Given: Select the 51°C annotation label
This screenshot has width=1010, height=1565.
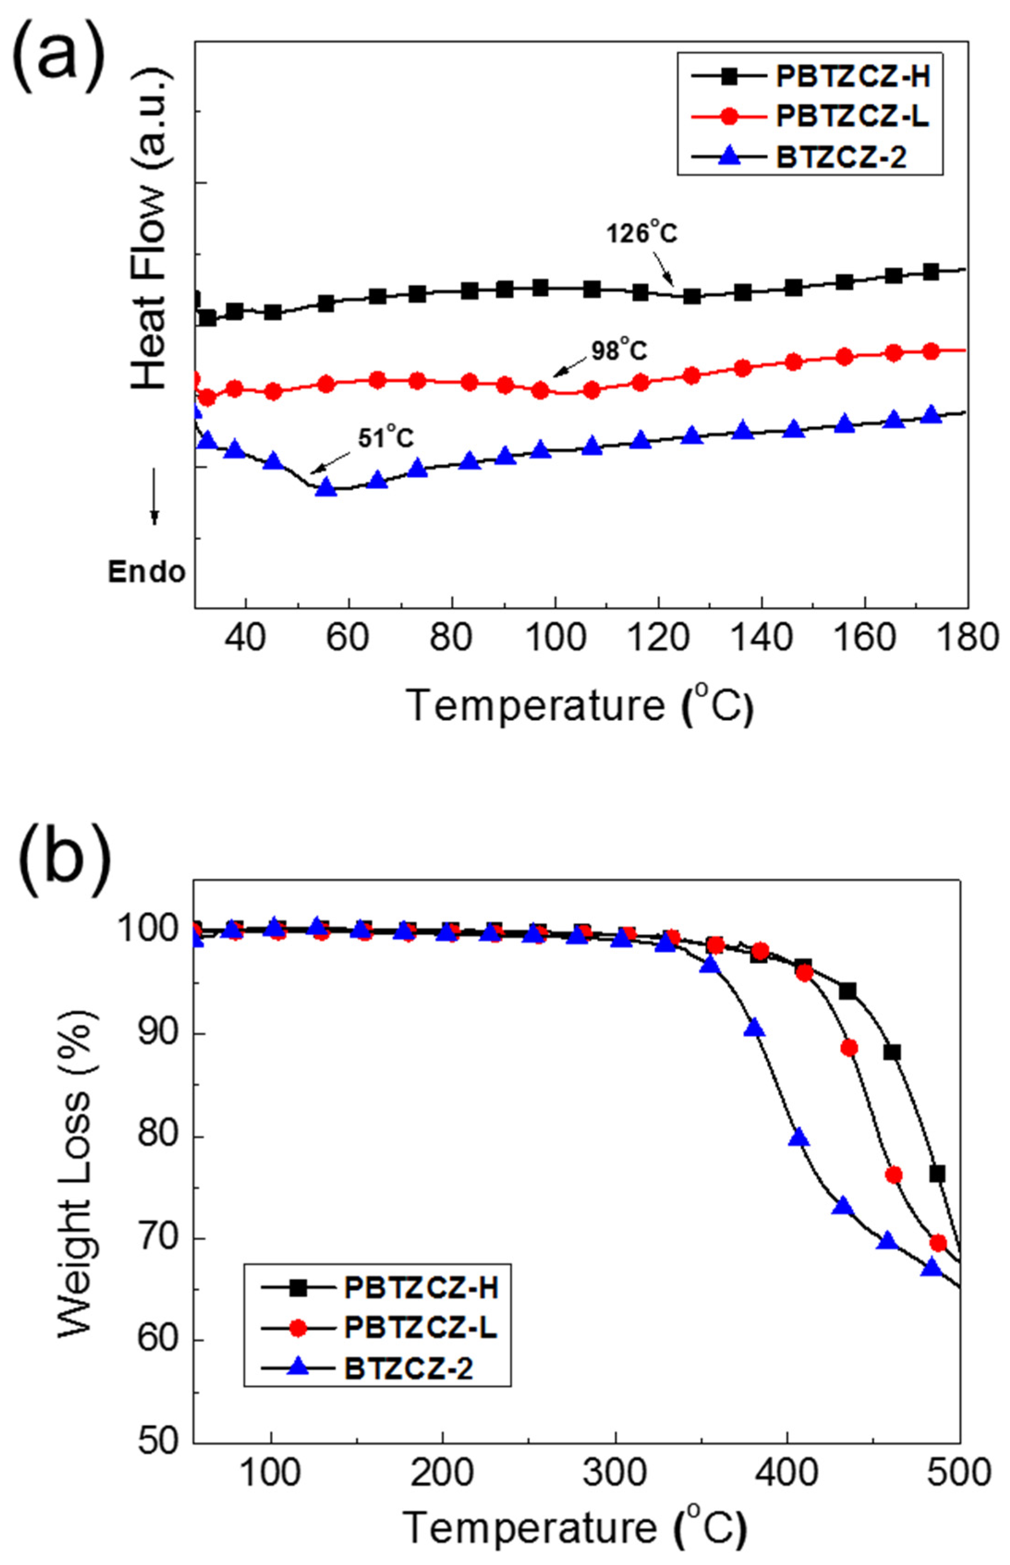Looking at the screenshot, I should coord(386,437).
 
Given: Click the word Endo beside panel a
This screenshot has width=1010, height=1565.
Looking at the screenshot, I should coord(147,572).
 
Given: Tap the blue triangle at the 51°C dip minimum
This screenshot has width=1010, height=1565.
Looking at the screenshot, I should coord(326,487).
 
